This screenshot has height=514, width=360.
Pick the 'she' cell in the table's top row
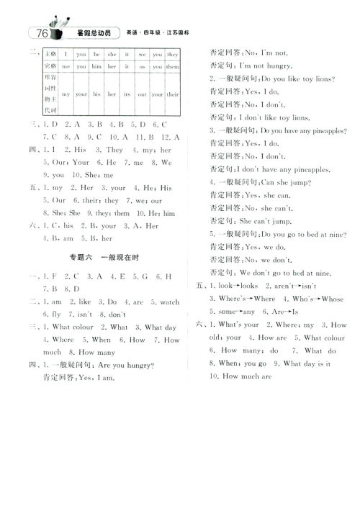click(x=110, y=54)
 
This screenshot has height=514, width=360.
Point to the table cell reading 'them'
click(x=173, y=66)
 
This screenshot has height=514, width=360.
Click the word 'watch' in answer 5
click(x=169, y=302)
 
